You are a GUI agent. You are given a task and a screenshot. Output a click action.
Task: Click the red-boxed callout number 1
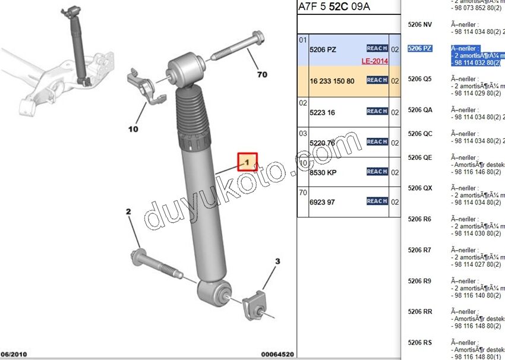tap(247, 162)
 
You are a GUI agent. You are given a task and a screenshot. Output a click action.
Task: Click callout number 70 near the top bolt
tap(262, 75)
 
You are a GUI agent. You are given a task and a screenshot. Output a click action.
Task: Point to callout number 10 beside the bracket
tap(132, 129)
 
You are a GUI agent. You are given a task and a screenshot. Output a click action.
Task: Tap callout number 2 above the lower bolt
tap(128, 212)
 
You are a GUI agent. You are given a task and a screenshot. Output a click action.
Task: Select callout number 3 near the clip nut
tap(277, 261)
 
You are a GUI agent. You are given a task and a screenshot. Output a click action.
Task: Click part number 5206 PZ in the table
tap(323, 50)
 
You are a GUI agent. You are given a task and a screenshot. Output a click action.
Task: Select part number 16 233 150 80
tap(332, 81)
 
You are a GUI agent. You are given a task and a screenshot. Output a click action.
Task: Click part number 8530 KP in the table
tap(323, 172)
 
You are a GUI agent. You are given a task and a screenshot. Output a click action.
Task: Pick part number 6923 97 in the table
tap(322, 202)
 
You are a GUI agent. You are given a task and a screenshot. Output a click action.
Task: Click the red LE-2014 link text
tap(374, 61)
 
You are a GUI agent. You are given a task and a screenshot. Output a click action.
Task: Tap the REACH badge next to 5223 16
tap(377, 111)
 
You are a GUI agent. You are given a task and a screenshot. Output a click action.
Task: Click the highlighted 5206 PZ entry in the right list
tap(419, 48)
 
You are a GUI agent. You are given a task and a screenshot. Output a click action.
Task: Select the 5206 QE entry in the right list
tap(419, 157)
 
